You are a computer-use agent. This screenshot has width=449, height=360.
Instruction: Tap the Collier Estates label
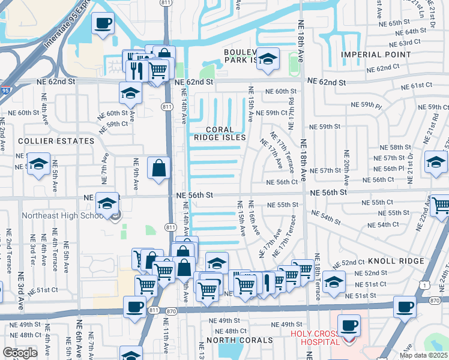tap(48, 141)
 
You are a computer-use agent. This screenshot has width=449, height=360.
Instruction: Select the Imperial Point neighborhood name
tap(375, 55)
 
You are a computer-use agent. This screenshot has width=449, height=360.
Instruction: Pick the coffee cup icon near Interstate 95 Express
tap(102, 23)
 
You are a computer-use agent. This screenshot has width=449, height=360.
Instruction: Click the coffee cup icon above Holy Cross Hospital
tap(349, 325)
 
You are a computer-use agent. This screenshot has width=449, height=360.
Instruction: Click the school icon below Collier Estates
tap(39, 164)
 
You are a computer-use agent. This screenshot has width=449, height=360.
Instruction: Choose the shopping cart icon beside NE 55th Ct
tap(440, 205)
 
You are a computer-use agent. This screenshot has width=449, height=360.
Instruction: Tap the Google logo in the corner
tap(20, 353)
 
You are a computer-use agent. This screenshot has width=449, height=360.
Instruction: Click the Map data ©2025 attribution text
tap(423, 355)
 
